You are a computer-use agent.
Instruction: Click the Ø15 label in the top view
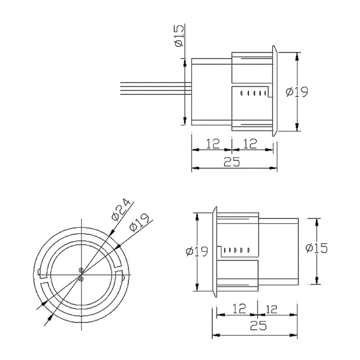(x=179, y=36)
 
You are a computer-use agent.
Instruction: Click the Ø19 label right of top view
(x=297, y=92)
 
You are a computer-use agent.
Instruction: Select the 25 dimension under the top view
(x=232, y=162)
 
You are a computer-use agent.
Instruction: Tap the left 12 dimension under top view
(x=213, y=144)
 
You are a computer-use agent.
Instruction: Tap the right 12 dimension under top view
(x=250, y=144)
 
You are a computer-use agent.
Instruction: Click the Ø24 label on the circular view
(x=121, y=209)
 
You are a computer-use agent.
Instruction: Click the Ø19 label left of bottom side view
(x=197, y=251)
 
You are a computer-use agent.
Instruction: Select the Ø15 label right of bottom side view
(x=317, y=248)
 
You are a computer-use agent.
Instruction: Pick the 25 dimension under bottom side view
(x=258, y=325)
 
